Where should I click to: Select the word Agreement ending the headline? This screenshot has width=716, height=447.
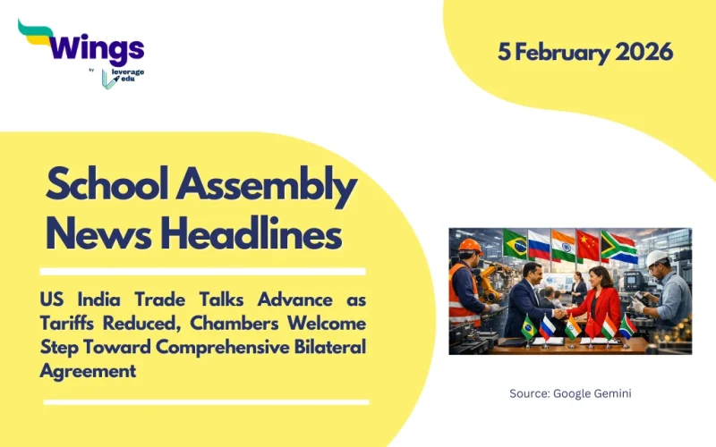coord(88,370)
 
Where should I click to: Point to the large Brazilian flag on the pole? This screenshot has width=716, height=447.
coord(515,242)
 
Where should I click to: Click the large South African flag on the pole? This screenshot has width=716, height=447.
coord(618,247)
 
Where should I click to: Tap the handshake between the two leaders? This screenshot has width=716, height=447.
coord(560,313)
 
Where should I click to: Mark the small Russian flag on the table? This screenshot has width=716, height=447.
coord(548,327)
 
